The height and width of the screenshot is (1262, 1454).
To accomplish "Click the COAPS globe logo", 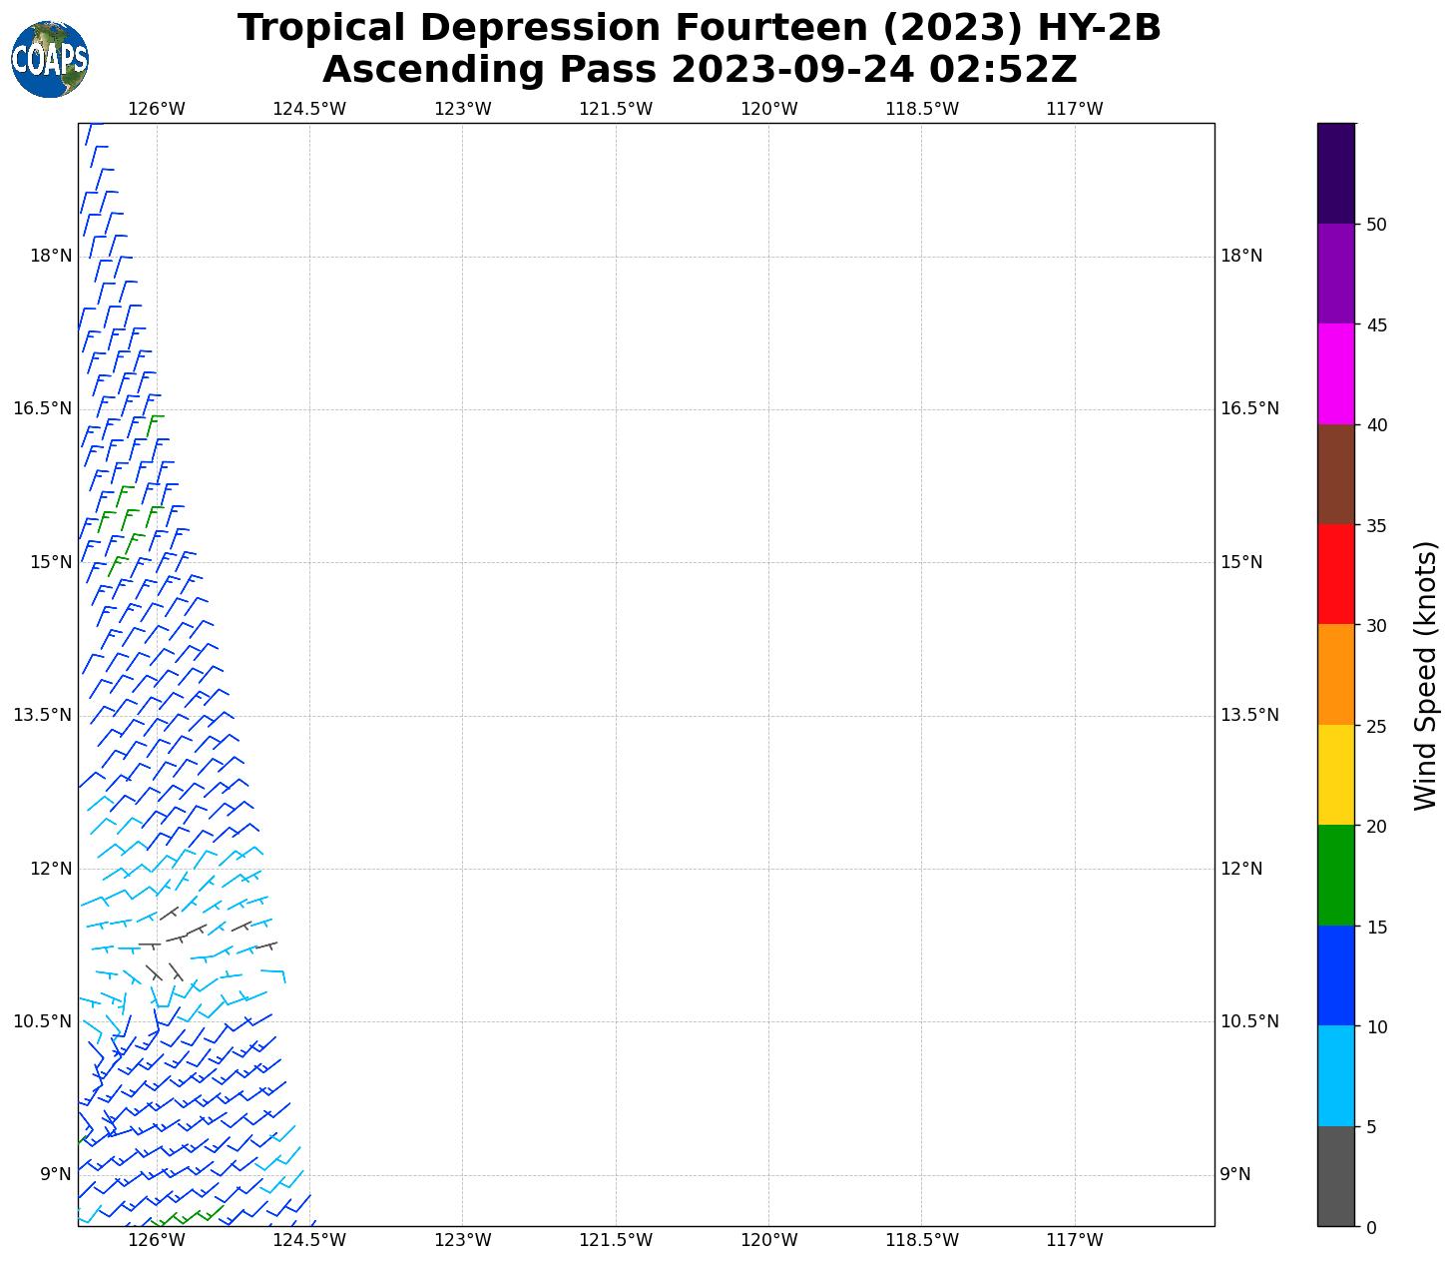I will pyautogui.click(x=49, y=59).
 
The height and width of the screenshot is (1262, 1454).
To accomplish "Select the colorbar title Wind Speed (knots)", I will pyautogui.click(x=1426, y=675).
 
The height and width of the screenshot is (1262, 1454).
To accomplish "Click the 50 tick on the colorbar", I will pyautogui.click(x=1376, y=225).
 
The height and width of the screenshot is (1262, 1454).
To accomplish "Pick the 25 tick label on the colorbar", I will pyautogui.click(x=1376, y=726).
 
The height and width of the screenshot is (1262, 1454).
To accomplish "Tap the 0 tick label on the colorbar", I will pyautogui.click(x=1371, y=1227).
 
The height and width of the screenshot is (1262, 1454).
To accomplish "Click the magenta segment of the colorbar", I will pyautogui.click(x=1335, y=373).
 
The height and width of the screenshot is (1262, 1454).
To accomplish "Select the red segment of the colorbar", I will pyautogui.click(x=1335, y=574).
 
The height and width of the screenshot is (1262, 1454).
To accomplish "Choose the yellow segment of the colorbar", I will pyautogui.click(x=1335, y=775).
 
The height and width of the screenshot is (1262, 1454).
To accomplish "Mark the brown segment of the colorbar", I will pyautogui.click(x=1335, y=474).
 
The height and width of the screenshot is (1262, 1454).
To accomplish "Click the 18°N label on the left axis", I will pyautogui.click(x=51, y=256).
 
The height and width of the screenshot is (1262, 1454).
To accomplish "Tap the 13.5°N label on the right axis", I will pyautogui.click(x=1249, y=715).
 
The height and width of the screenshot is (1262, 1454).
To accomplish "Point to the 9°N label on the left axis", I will pyautogui.click(x=55, y=1174).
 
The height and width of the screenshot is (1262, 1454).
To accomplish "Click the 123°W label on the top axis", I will pyautogui.click(x=462, y=109).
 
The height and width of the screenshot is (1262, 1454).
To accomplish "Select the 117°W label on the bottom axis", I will pyautogui.click(x=1074, y=1241).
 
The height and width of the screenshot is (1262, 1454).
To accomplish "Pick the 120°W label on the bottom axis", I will pyautogui.click(x=768, y=1241).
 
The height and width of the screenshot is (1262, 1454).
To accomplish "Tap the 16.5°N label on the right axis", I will pyautogui.click(x=1249, y=408).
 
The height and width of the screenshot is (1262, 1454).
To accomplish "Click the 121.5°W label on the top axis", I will pyautogui.click(x=616, y=109).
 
